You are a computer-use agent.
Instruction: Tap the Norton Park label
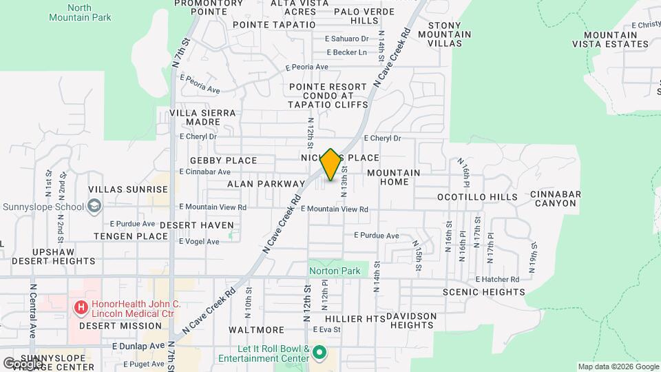334,271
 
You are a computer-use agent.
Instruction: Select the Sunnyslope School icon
94,206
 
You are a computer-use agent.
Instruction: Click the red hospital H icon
81,307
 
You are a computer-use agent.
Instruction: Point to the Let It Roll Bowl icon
319,353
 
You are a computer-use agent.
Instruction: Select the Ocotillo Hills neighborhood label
477,197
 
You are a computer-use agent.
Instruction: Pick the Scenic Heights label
483,292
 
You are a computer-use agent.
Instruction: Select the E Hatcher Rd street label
498,279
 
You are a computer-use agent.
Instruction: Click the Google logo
22,362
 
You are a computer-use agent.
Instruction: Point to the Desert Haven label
196,225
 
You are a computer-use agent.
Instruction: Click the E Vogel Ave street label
199,242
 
